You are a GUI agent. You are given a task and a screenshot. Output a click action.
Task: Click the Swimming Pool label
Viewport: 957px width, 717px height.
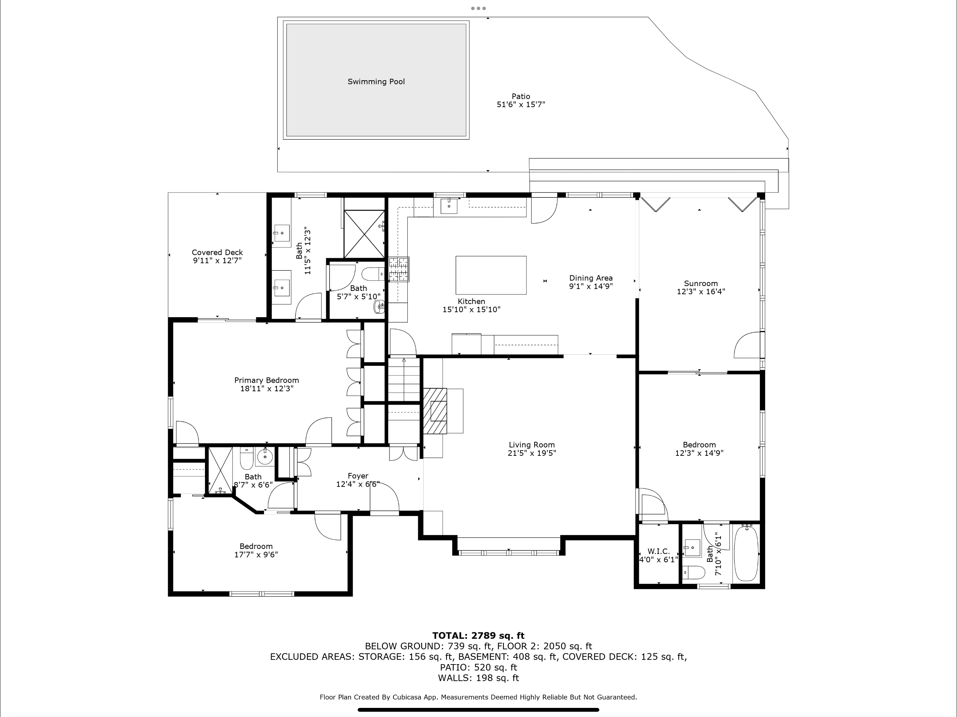pyautogui.click(x=376, y=82)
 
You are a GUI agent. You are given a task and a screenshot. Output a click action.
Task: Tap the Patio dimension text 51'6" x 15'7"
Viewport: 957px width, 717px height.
pyautogui.click(x=521, y=104)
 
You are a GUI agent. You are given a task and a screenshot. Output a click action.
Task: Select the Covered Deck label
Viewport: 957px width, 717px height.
pyautogui.click(x=217, y=252)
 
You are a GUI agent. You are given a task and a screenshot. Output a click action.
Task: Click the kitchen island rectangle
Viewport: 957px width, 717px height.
pyautogui.click(x=491, y=275)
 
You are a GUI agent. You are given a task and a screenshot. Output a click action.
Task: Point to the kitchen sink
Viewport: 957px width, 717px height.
pyautogui.click(x=449, y=206)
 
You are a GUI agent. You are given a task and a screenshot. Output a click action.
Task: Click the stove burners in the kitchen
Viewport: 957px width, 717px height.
pyautogui.click(x=399, y=270)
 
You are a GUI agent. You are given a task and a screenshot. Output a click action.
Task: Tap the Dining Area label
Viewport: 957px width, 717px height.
pyautogui.click(x=591, y=278)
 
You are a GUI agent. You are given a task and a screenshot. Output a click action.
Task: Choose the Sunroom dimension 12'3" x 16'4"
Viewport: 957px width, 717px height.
pyautogui.click(x=701, y=292)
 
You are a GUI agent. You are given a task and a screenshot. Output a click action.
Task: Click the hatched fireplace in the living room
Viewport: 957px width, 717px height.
pyautogui.click(x=435, y=411)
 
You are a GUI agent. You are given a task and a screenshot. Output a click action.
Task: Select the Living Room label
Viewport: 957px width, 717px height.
pyautogui.click(x=531, y=445)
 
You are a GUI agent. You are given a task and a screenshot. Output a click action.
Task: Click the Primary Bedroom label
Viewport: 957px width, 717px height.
pyautogui.click(x=267, y=380)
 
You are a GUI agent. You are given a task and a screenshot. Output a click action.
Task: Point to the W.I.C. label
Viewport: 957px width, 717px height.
pyautogui.click(x=659, y=551)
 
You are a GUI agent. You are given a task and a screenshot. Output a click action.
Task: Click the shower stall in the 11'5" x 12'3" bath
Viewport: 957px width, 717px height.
pyautogui.click(x=364, y=234)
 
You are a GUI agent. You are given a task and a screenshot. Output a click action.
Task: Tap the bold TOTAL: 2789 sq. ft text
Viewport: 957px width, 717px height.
pyautogui.click(x=478, y=636)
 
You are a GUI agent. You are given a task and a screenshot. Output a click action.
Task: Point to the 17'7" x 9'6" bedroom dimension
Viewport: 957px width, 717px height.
pyautogui.click(x=256, y=555)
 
